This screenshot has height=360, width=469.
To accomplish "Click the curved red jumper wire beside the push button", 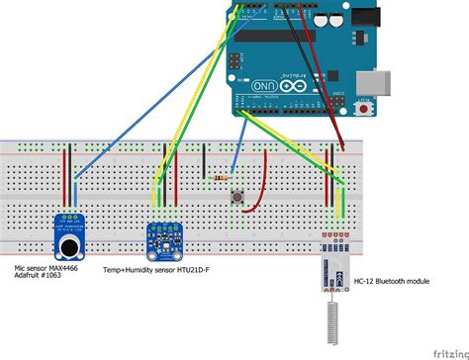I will (x=262, y=188).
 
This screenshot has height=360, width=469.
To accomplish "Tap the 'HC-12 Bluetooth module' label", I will (x=391, y=282).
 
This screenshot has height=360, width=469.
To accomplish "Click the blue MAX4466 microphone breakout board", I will (x=69, y=234).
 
